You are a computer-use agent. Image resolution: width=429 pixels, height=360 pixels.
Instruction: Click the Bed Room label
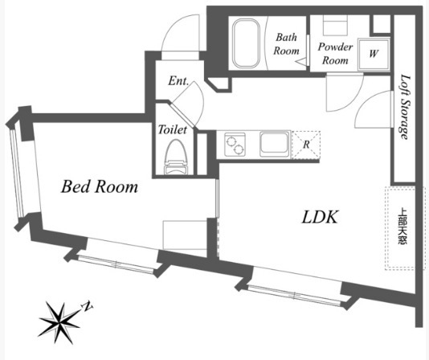[100, 187]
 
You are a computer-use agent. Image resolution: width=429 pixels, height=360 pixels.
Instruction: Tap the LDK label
[320, 217]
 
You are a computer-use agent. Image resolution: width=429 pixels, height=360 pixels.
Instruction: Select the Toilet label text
[173, 129]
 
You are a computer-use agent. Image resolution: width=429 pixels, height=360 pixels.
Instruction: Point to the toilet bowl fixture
[176, 157]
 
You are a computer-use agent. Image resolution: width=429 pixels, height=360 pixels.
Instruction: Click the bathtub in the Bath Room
[246, 43]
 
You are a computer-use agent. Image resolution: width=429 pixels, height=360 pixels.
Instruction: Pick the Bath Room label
[287, 44]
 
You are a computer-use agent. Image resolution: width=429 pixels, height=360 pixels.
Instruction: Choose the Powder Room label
[335, 53]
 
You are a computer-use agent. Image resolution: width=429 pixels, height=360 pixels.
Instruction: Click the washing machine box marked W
[374, 53]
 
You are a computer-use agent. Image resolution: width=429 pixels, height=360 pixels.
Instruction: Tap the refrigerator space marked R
[306, 145]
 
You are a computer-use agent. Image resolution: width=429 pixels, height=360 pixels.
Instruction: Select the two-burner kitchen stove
[235, 145]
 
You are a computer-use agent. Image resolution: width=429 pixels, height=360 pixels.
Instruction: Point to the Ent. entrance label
[178, 81]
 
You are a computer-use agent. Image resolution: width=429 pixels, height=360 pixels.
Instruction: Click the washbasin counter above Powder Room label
[335, 25]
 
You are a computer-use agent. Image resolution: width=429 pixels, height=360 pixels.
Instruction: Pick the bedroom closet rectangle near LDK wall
[185, 235]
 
